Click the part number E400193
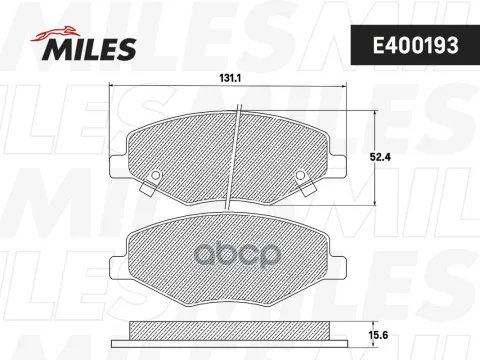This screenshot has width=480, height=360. point(416,45)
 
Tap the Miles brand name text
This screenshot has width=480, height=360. point(89,49)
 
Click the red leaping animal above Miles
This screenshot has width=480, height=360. point(55,34)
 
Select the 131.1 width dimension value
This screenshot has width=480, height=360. point(230,78)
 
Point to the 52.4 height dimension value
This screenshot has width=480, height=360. point(380,157)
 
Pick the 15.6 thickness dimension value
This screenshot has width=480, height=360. point(379,335)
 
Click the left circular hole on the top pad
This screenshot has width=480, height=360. point(155,175)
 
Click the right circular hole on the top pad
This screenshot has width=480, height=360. point(300,175)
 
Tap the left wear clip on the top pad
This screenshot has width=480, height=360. point(149,188)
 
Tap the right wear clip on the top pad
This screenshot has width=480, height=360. point(307,188)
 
